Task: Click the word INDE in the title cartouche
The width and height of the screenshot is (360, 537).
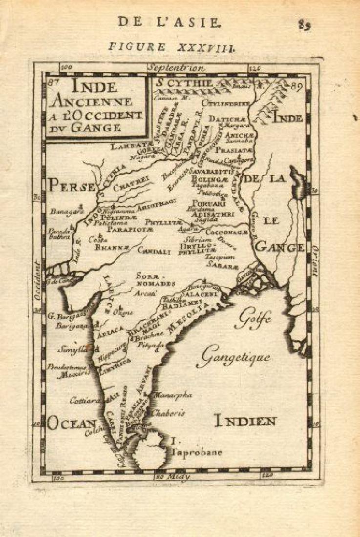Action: [x=95, y=87]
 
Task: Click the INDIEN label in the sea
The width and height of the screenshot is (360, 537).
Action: [x=246, y=420]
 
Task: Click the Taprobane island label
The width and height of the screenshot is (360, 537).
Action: [x=196, y=452]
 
